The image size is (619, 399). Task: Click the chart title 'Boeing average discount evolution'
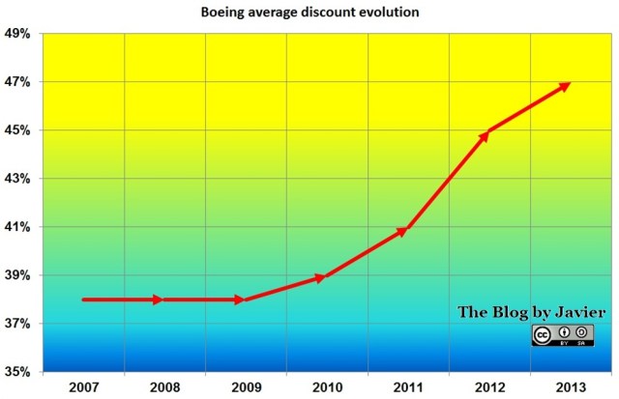[x=309, y=13]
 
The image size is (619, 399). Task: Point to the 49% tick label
[x=18, y=34]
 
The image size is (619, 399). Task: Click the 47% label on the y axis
[x=18, y=82]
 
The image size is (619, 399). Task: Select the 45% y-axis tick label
[x=18, y=130]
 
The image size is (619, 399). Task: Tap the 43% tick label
[x=18, y=179]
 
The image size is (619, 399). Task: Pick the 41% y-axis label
[x=18, y=227]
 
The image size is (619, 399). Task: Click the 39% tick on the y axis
[x=18, y=275]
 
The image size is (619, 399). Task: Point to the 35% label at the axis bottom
[x=18, y=372]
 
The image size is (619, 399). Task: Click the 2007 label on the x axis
[x=82, y=386]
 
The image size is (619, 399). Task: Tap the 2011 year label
[x=406, y=386]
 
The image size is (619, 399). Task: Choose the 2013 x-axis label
[x=569, y=386]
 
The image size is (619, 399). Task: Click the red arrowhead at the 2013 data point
[x=567, y=84]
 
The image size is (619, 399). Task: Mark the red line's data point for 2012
[x=486, y=133]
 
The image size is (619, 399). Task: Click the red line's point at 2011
[x=404, y=230]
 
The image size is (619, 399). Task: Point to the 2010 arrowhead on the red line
[x=323, y=277]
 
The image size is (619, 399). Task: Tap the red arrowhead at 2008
[x=162, y=299]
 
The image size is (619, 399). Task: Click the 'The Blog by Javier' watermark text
[x=532, y=312]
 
